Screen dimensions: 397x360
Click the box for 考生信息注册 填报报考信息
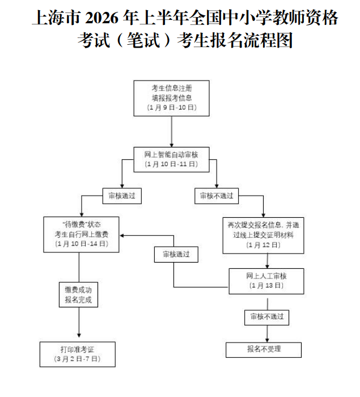(x=171, y=98)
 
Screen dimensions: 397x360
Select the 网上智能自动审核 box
(x=171, y=159)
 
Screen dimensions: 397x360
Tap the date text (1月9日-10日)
(x=171, y=107)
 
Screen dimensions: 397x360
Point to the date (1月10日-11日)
(x=171, y=164)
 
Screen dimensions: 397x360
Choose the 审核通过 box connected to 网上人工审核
(x=176, y=255)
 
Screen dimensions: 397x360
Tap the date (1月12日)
(x=263, y=245)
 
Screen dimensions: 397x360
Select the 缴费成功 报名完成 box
(x=78, y=294)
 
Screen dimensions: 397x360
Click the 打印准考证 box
(x=78, y=354)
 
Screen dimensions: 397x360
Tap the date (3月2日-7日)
(x=78, y=359)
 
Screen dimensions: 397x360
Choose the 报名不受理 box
(x=264, y=350)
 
